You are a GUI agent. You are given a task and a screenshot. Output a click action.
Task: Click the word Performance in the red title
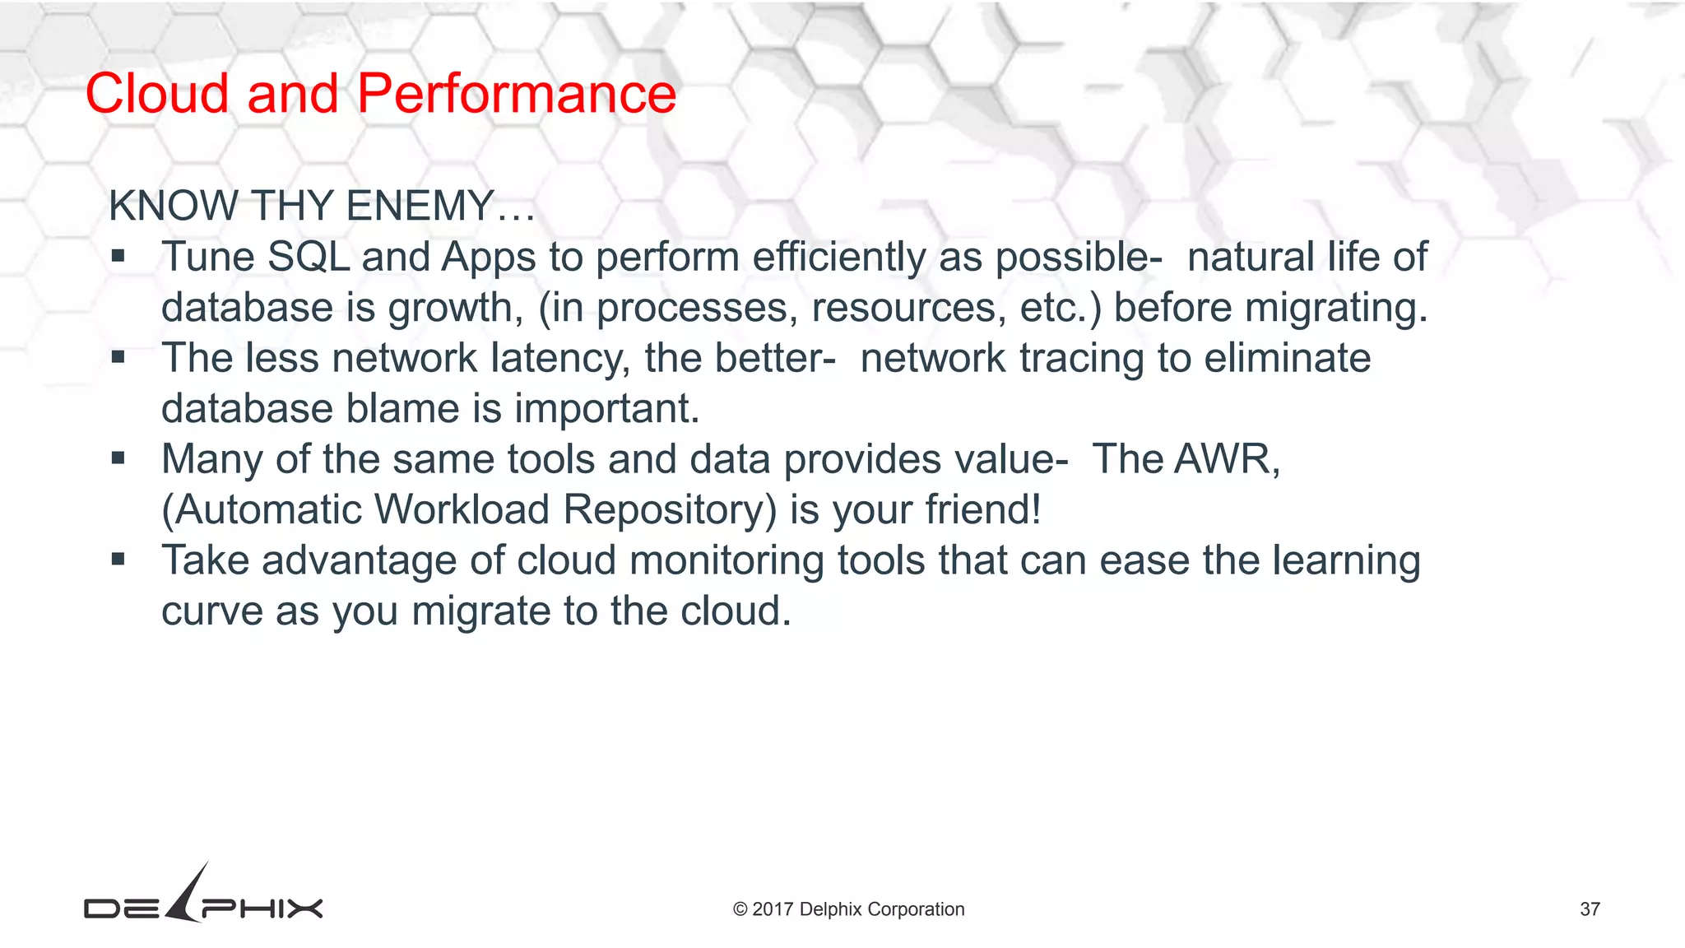516,93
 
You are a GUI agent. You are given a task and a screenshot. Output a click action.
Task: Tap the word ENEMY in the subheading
420,206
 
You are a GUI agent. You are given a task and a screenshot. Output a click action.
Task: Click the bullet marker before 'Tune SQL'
118,257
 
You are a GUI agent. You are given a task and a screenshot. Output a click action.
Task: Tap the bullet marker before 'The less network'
118,358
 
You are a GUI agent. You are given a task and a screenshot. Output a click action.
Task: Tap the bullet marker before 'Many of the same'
118,459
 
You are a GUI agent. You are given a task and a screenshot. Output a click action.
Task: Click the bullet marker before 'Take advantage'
118,560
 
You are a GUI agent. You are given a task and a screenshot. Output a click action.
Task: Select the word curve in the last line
211,611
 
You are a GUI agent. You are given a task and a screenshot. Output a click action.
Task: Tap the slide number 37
1590,909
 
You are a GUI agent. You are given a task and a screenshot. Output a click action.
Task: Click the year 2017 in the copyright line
773,909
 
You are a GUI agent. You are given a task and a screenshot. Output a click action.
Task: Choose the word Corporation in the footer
916,909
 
